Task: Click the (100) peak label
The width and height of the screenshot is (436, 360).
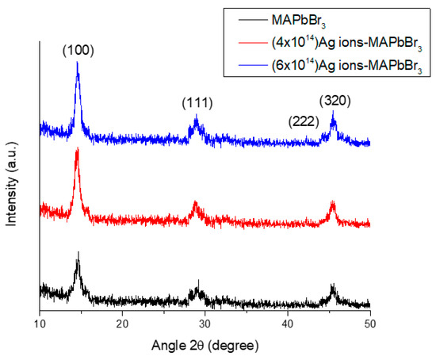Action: click(78, 51)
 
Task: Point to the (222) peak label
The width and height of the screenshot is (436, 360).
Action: click(304, 121)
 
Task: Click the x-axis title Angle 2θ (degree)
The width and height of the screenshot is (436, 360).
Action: click(205, 347)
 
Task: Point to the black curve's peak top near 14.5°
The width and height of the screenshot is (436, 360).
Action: click(78, 252)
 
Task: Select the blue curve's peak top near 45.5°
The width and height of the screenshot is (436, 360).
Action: click(333, 113)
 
